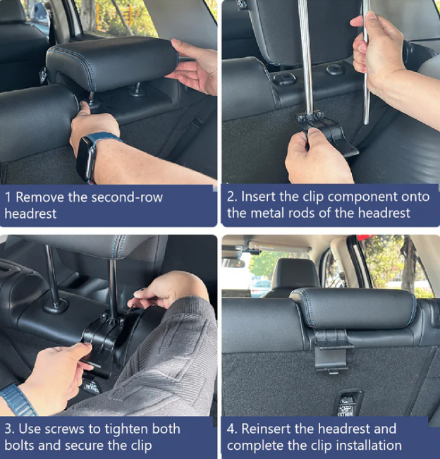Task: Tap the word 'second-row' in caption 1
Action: pos(127,197)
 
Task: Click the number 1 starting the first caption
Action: pos(8,197)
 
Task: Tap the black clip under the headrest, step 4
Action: pos(331,350)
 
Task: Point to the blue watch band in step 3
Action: pos(18,400)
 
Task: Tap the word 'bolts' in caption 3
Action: pos(19,446)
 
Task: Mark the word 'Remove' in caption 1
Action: pos(39,197)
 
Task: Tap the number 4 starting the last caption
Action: pos(231,429)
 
